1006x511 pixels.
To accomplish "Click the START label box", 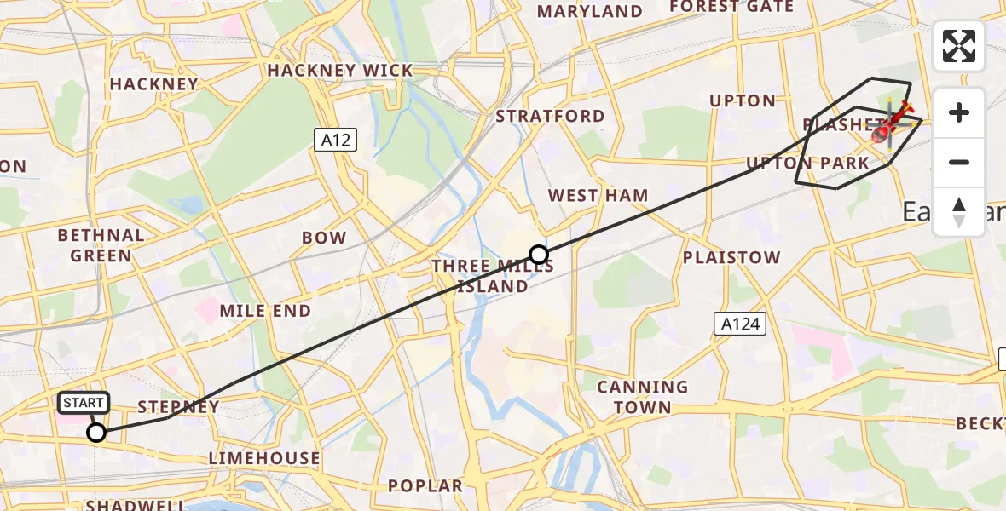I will (84, 402).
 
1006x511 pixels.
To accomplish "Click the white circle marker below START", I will (97, 433).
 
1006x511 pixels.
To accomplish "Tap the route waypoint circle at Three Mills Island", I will (539, 254).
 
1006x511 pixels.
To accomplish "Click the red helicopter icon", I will (891, 124).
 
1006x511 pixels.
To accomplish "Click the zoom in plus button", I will (959, 112).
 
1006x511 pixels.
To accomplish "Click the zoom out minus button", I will (959, 162).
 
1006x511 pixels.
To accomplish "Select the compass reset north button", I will (959, 212).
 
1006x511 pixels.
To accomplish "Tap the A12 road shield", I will (335, 141).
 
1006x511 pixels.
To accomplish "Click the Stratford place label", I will (550, 116).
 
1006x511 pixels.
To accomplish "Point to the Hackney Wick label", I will (339, 71).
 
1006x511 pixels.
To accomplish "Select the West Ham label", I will (598, 195).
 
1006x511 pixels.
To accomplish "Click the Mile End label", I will (265, 311).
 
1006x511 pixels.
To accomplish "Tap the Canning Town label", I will (643, 397).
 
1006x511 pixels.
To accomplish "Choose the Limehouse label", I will (264, 458).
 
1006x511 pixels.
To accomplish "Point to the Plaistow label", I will (731, 257).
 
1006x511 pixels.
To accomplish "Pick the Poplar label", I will (425, 485).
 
